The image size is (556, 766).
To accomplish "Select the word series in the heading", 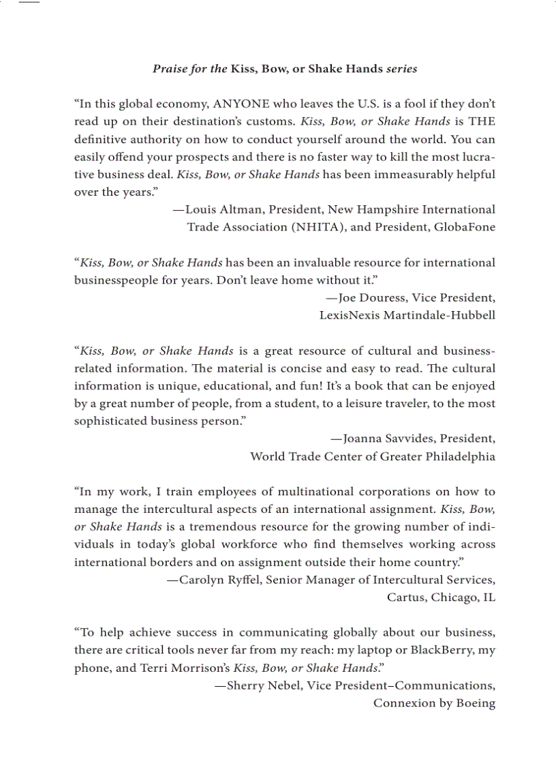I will pyautogui.click(x=402, y=69).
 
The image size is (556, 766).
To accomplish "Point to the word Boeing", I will pyautogui.click(x=476, y=703).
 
